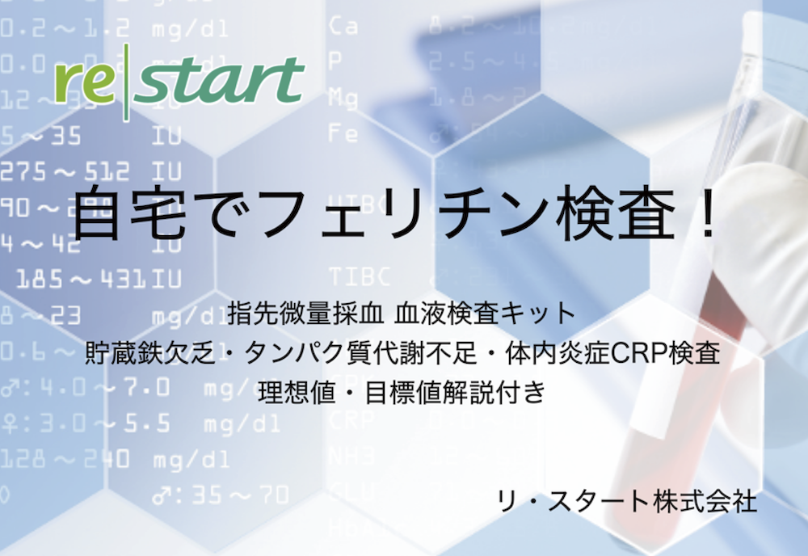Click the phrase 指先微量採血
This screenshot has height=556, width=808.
pyautogui.click(x=304, y=311)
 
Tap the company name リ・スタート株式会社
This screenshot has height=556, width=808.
pyautogui.click(x=628, y=501)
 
